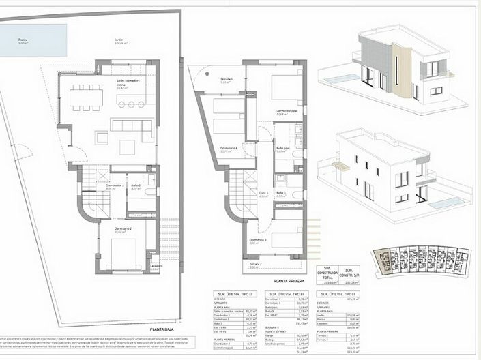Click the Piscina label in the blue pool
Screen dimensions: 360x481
(x=23, y=40)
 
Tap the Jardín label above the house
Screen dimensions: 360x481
(x=122, y=40)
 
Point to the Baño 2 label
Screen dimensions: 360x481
(x=136, y=186)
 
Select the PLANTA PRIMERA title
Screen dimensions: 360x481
(x=289, y=280)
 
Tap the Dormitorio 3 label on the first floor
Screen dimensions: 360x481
(x=258, y=240)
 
